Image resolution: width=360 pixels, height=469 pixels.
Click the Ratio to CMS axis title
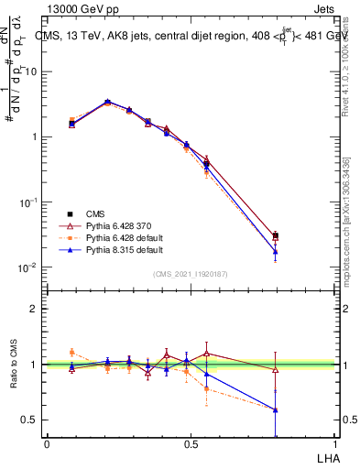click(14, 365)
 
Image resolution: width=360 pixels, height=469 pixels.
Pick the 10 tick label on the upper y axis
click(30, 71)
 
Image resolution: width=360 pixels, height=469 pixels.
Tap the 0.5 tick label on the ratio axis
click(30, 420)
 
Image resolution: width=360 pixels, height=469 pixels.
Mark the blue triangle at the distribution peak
click(108, 102)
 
